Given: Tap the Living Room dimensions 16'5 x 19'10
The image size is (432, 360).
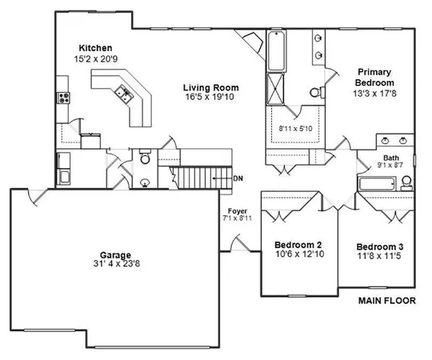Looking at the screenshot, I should (x=211, y=98).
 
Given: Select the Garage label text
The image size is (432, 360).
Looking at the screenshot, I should (x=109, y=248).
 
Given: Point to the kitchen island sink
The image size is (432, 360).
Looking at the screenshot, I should (x=125, y=93).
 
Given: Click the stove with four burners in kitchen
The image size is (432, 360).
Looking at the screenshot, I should (x=62, y=98).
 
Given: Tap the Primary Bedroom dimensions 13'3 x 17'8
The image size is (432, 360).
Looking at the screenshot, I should (x=373, y=93).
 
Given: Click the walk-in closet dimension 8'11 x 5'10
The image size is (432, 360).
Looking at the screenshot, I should (x=295, y=128).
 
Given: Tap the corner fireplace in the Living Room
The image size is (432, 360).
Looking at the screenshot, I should (x=253, y=42).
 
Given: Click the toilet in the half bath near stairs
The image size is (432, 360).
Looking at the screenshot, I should (x=145, y=158).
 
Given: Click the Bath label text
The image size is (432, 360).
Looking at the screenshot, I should (x=390, y=158).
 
